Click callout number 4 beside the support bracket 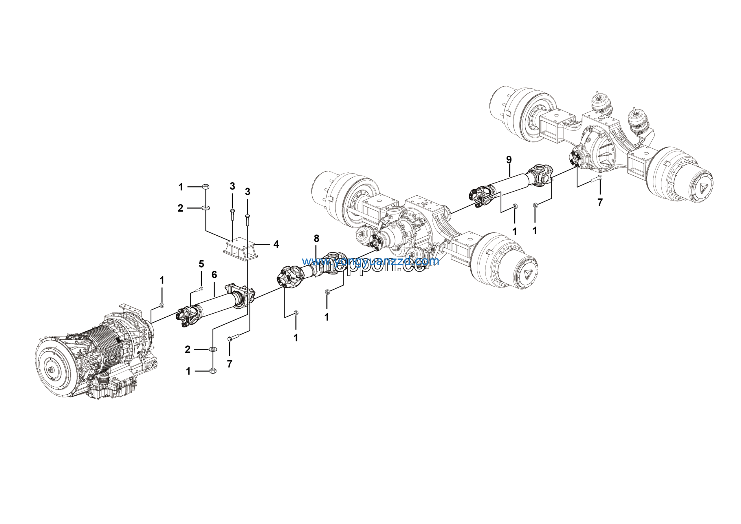[276, 244]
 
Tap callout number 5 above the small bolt [201, 264]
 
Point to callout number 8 [316, 239]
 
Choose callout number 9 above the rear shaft [509, 160]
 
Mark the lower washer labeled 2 [213, 349]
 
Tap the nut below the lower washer [213, 371]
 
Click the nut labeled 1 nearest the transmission [162, 305]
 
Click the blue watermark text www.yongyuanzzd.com [370, 261]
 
